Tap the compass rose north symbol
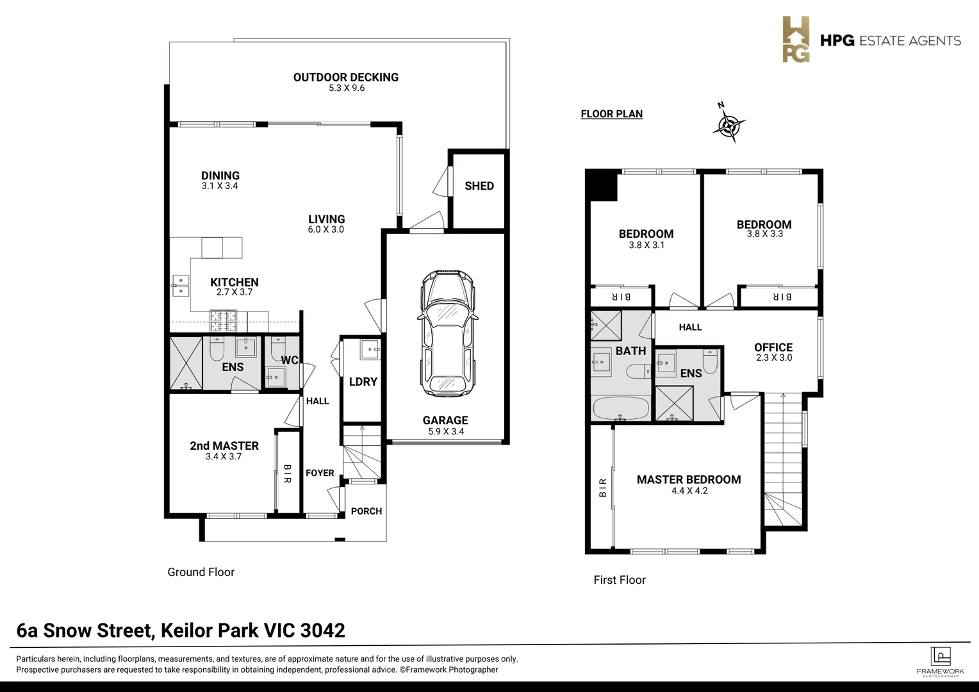[x=728, y=124]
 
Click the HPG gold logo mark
[x=796, y=40]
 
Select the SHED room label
[x=479, y=186]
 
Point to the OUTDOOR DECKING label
[x=346, y=78]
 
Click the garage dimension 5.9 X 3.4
[x=445, y=432]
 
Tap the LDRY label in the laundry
[x=363, y=382]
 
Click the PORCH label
[x=366, y=511]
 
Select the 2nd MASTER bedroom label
[x=224, y=446]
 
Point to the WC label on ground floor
[x=289, y=361]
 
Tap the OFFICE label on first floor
[x=773, y=347]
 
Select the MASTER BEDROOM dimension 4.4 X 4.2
[x=689, y=491]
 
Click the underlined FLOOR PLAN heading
[x=611, y=114]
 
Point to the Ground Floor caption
[x=201, y=572]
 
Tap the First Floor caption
[x=620, y=580]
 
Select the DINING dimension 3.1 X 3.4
[x=220, y=186]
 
